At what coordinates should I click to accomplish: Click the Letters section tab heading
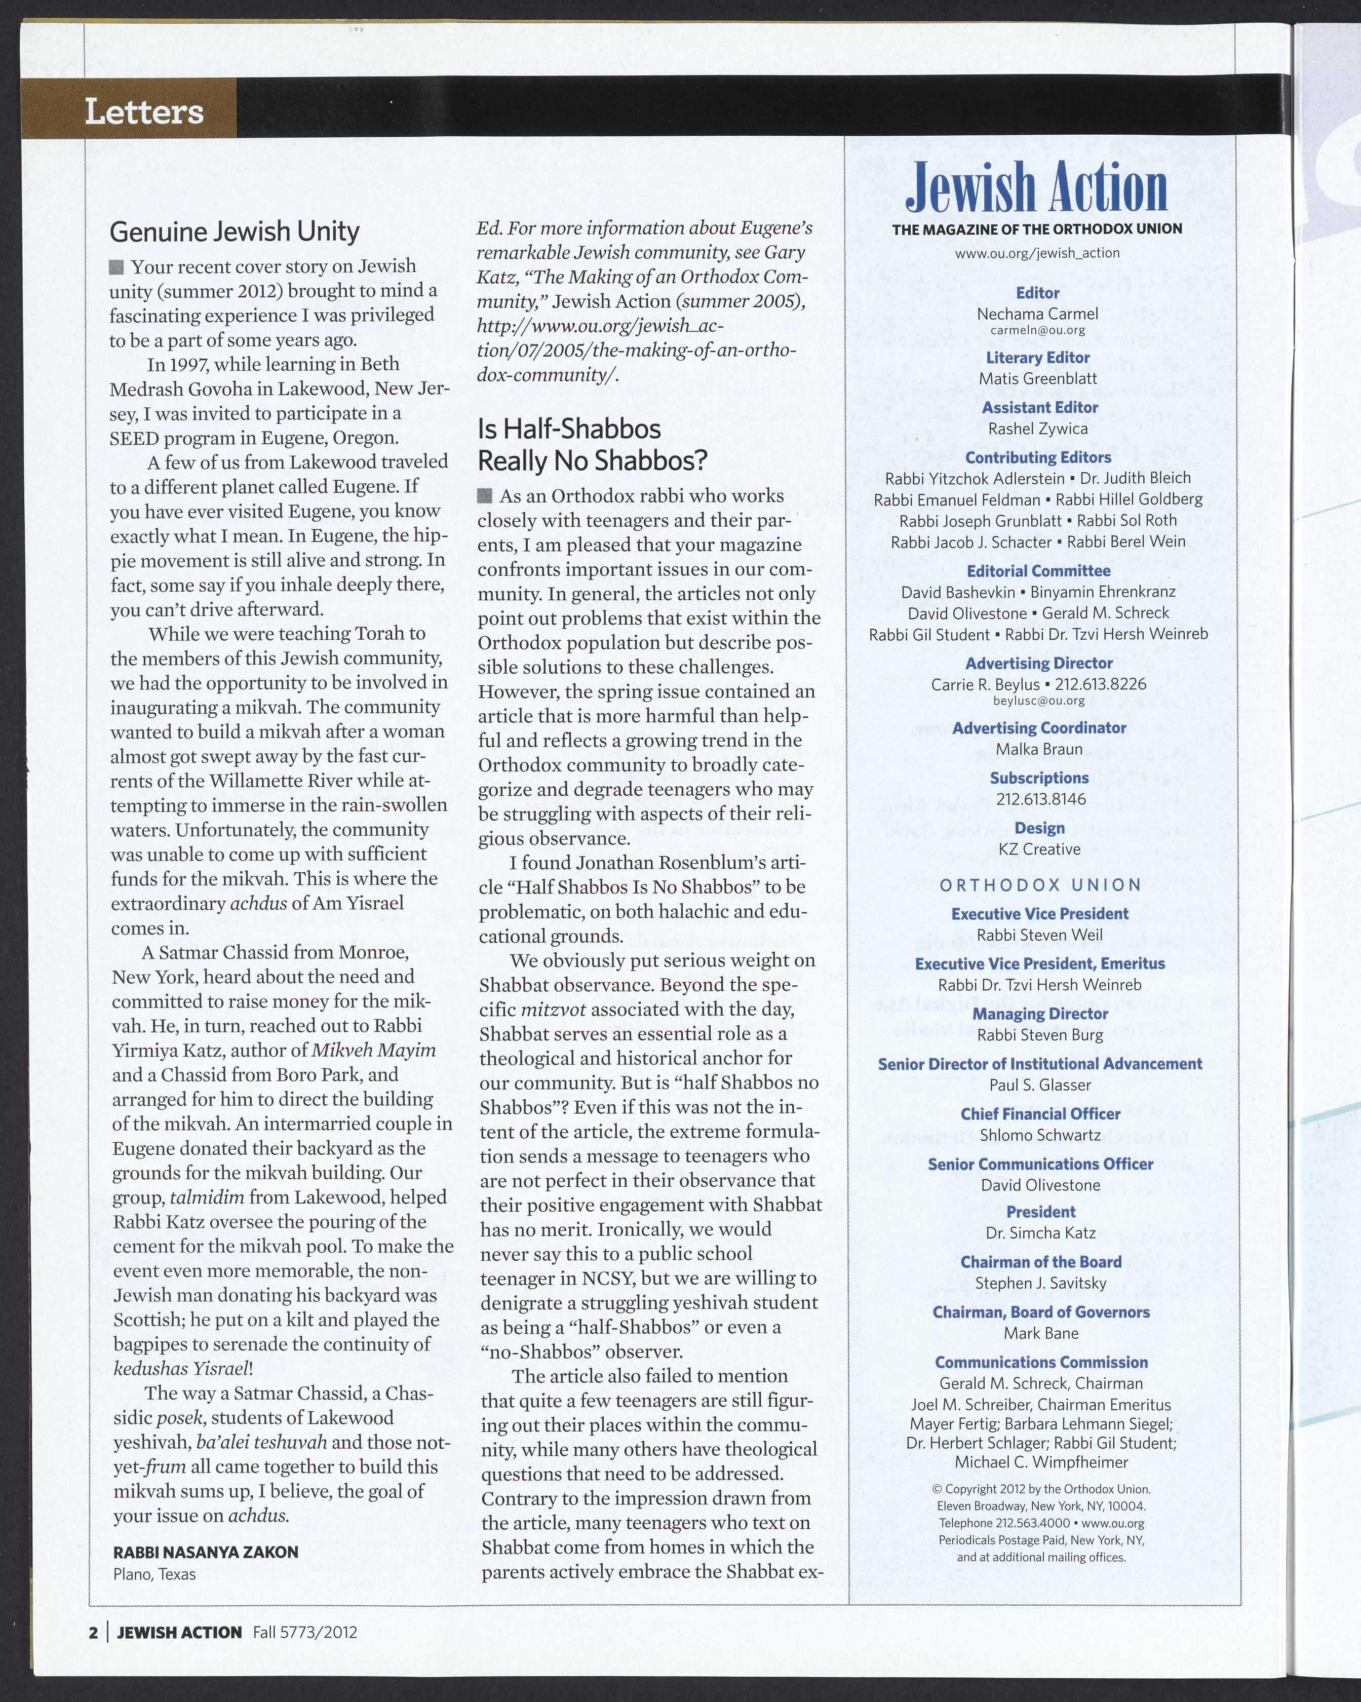tap(144, 111)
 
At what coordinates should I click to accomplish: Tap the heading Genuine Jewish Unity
tap(235, 231)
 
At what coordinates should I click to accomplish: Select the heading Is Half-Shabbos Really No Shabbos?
tap(592, 444)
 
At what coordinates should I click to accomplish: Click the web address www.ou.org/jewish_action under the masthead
tap(1036, 253)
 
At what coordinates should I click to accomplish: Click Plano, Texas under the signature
tap(154, 1573)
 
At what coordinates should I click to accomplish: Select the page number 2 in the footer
tap(93, 1632)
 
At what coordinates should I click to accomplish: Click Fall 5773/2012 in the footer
tap(305, 1632)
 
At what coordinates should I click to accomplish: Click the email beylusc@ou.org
tap(1038, 700)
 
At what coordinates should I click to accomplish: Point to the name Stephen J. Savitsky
tap(1040, 1283)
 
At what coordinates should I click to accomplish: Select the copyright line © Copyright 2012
tap(1040, 1489)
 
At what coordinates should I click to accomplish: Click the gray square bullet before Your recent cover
tap(117, 267)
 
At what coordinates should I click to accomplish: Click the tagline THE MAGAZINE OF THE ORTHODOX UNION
tap(1036, 229)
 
